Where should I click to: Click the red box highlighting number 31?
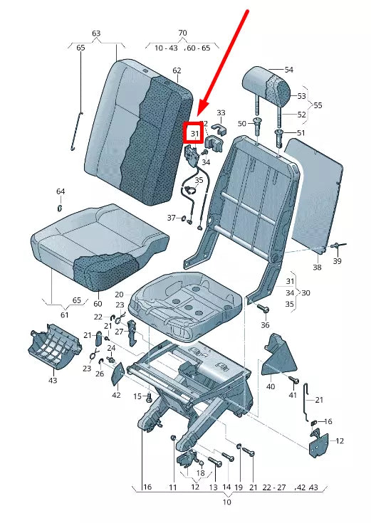tap(194, 133)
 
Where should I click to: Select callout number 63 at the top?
tap(96, 33)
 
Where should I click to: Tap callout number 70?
tap(182, 33)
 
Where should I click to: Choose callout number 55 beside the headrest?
tap(317, 105)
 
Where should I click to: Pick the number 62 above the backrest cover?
tap(177, 70)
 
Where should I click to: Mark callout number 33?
tap(221, 113)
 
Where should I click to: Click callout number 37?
tap(171, 217)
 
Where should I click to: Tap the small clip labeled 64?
tap(60, 208)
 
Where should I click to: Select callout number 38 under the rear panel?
tap(317, 268)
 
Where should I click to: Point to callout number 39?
tap(337, 261)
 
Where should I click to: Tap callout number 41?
tap(292, 394)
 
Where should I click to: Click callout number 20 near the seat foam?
tap(119, 295)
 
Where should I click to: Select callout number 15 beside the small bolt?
tap(137, 396)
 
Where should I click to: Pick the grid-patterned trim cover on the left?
tap(53, 347)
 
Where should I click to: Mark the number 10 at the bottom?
tap(226, 502)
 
